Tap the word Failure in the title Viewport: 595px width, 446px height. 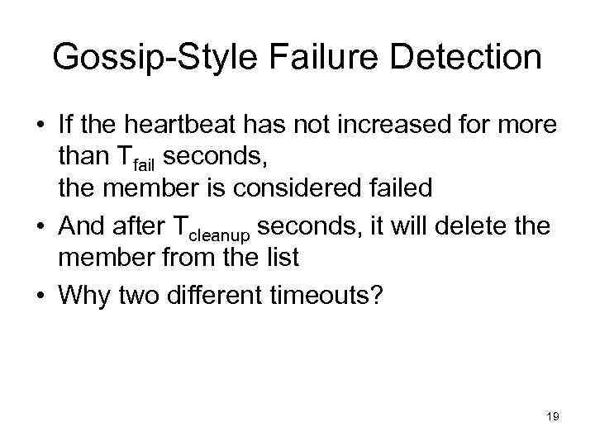click(307, 58)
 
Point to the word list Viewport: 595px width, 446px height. click(280, 257)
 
